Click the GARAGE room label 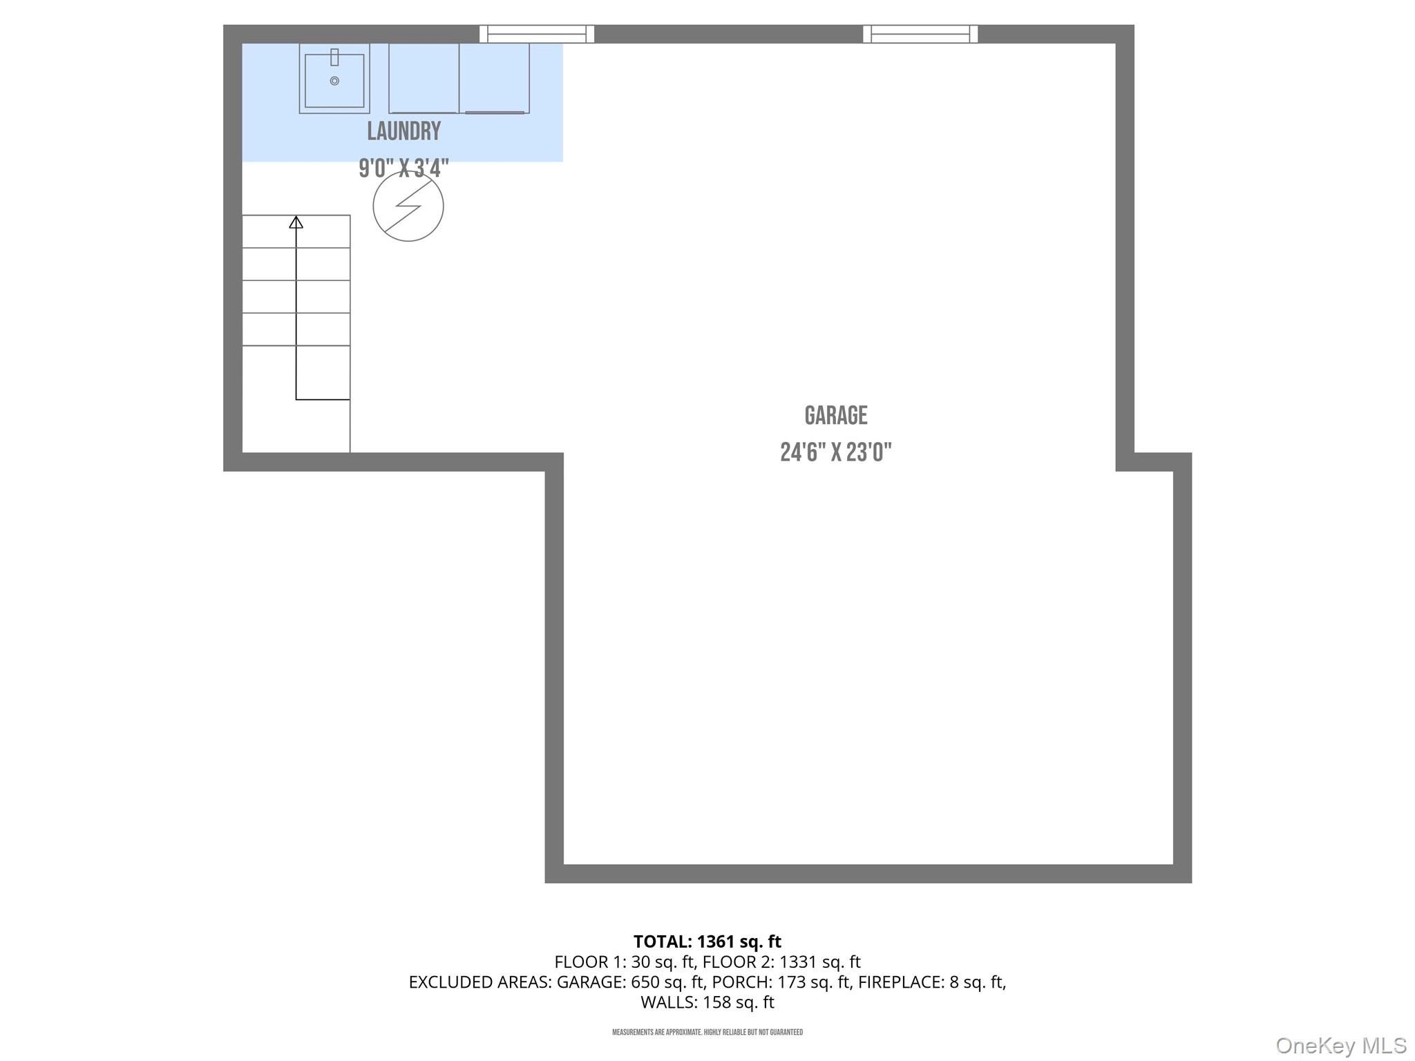[x=835, y=415]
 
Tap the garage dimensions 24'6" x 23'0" [x=835, y=452]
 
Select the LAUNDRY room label [x=403, y=131]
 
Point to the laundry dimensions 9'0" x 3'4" [x=403, y=168]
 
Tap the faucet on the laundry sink [x=334, y=57]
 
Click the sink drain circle [x=334, y=81]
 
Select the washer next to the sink [x=424, y=78]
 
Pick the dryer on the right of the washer [x=495, y=78]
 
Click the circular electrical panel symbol [x=408, y=206]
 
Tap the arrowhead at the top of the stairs [x=296, y=222]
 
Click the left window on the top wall [x=537, y=34]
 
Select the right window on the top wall [x=920, y=34]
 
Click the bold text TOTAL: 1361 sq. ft [x=707, y=941]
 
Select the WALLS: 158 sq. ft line [x=707, y=1002]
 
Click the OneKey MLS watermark [x=1340, y=1045]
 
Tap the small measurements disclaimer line [x=707, y=1033]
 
